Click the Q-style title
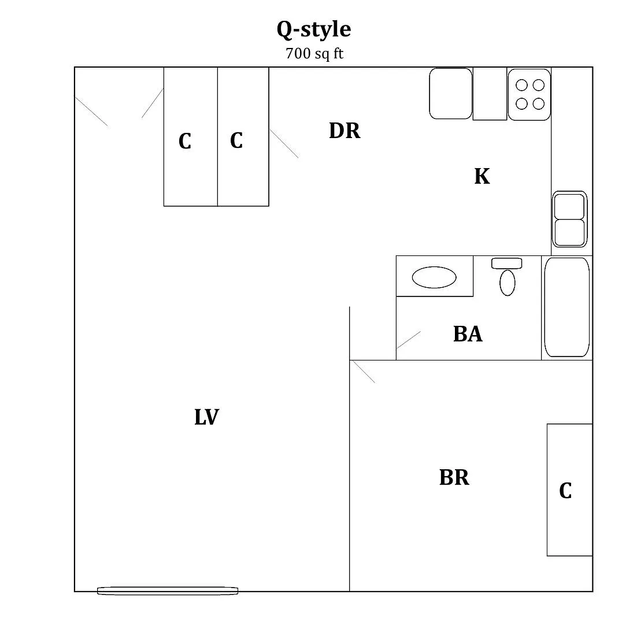314,29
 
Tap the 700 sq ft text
314,54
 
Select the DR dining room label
345,131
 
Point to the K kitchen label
482,176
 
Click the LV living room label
207,417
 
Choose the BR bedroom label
454,477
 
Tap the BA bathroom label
468,334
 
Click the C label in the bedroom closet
565,491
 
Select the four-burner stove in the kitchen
529,94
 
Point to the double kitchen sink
569,219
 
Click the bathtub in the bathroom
566,307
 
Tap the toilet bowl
508,283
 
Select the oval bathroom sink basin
434,277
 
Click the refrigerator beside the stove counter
451,94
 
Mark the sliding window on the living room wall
168,590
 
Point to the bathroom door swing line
409,340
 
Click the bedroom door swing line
364,372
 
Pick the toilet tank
506,263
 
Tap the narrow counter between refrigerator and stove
490,94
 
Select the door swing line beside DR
284,144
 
